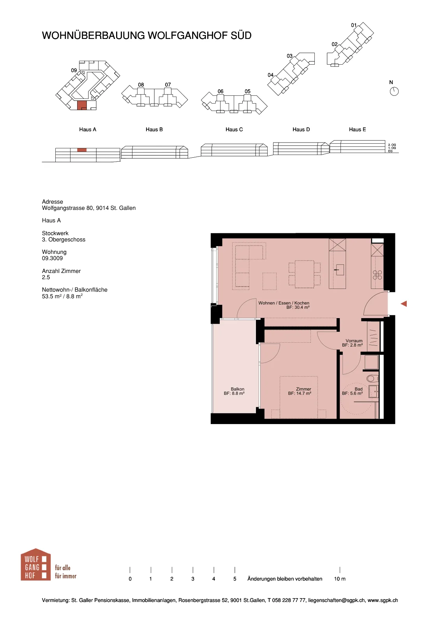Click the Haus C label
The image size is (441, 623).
click(x=234, y=129)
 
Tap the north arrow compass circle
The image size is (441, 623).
click(x=394, y=91)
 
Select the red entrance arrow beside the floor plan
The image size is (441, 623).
click(x=404, y=304)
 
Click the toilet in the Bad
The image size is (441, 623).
click(x=372, y=378)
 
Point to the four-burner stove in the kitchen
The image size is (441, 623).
click(x=377, y=275)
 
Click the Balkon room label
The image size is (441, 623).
click(x=237, y=389)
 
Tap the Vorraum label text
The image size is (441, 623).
click(x=354, y=341)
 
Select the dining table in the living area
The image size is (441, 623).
click(x=304, y=274)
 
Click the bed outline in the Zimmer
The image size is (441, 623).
click(x=298, y=398)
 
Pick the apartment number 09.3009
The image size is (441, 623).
click(x=52, y=258)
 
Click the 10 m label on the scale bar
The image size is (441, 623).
click(x=340, y=579)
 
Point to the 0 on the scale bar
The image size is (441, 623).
click(x=130, y=579)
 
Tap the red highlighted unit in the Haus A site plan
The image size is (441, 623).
click(x=82, y=105)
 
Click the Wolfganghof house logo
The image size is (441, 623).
click(x=35, y=565)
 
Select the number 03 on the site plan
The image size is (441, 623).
click(x=289, y=56)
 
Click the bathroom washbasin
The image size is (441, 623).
click(x=373, y=392)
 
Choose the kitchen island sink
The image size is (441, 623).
click(x=339, y=269)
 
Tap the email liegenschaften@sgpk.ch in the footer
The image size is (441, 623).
click(x=336, y=600)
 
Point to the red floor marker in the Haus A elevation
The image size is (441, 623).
click(x=82, y=150)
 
